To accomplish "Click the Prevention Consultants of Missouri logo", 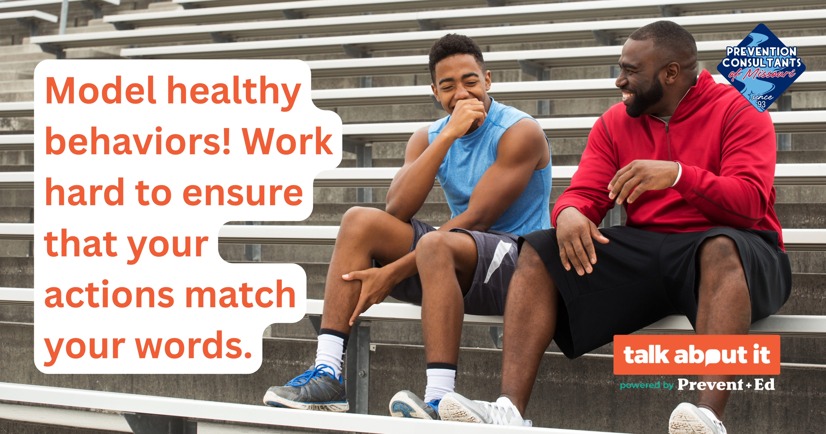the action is pos(761,68).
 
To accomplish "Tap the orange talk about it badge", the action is pos(696,355).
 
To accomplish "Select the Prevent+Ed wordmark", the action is pos(726,384).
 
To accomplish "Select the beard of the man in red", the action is pos(645,96).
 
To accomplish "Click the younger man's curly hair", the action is pos(457,53).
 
